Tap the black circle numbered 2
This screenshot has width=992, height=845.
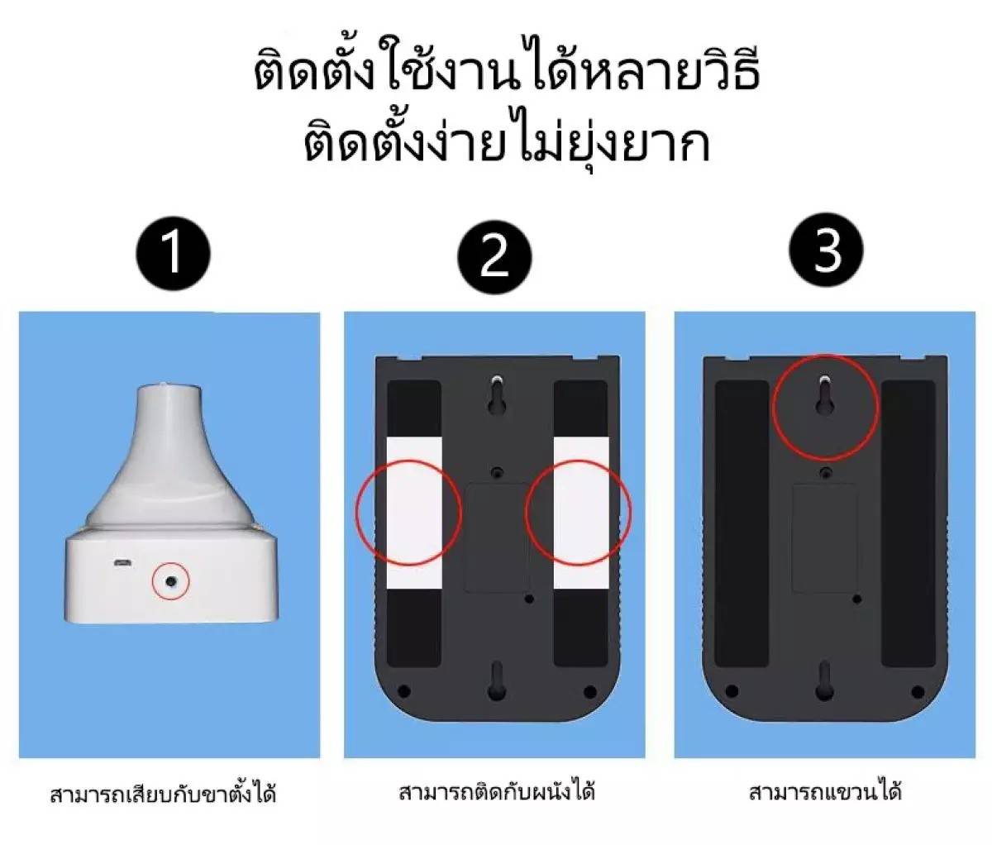pos(494,255)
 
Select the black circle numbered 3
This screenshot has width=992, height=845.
pos(826,251)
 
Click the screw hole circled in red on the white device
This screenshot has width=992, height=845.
pos(171,582)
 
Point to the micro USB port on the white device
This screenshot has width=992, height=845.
pos(122,563)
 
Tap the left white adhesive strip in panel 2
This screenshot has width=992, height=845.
pos(414,513)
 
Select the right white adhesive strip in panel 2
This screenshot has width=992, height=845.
pos(581,513)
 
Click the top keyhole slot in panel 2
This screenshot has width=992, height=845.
pos(496,394)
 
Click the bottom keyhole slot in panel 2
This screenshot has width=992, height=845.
pos(496,680)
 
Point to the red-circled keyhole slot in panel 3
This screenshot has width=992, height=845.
pos(826,394)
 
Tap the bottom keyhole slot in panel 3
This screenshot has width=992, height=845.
pos(824,680)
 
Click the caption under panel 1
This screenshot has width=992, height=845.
pos(163,795)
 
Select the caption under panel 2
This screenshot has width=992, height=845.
pos(497,792)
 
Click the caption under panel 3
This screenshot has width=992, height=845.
pos(824,792)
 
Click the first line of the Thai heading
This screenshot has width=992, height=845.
pos(505,73)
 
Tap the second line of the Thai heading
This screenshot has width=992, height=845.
pos(507,146)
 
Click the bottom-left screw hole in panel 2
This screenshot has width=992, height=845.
pos(404,690)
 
